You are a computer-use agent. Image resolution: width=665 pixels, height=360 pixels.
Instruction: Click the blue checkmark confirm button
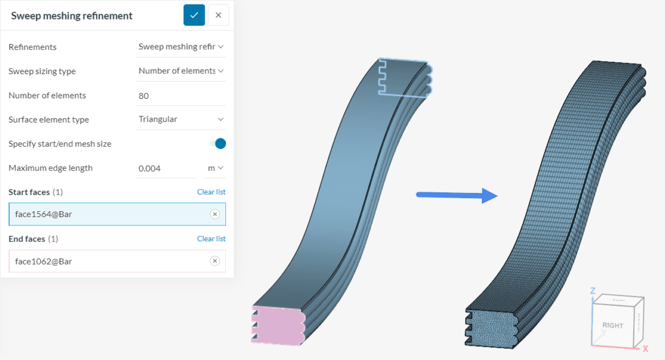[194, 15]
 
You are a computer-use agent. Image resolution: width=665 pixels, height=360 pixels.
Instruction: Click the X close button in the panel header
[218, 15]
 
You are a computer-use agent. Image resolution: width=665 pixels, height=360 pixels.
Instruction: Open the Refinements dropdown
[181, 47]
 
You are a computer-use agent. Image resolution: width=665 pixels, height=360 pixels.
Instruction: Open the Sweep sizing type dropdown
[181, 71]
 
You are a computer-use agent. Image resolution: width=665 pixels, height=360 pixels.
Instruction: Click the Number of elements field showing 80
[181, 96]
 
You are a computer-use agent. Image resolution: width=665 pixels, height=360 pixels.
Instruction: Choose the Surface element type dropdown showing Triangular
[181, 120]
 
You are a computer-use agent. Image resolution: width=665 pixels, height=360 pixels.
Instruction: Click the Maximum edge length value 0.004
[166, 168]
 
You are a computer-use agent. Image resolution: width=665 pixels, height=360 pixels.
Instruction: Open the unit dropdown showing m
[216, 168]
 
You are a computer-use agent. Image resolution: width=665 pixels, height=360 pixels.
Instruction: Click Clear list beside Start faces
[211, 192]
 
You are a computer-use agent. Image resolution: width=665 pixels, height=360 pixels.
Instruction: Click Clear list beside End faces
[211, 239]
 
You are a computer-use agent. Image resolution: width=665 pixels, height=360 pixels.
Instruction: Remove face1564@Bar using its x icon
[215, 214]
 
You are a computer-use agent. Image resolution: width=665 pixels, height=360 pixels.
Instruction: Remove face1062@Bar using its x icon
[215, 261]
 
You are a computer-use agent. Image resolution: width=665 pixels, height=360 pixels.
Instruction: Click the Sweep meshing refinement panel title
[71, 16]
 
